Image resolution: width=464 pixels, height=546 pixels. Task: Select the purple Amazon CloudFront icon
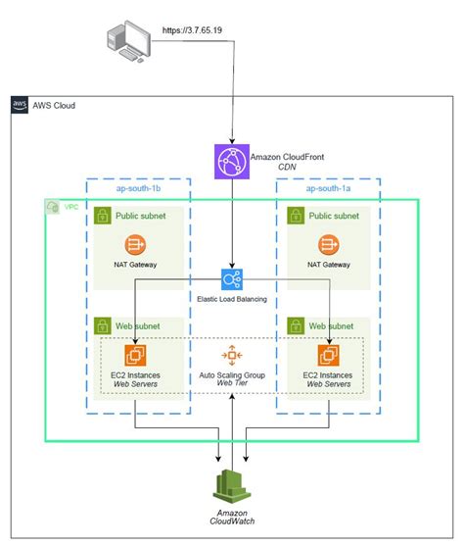tap(231, 161)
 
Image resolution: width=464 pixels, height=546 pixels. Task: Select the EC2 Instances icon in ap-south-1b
tap(134, 357)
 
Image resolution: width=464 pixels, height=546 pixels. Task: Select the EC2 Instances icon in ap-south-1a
tap(329, 357)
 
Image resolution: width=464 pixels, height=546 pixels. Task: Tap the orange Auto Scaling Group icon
tap(231, 355)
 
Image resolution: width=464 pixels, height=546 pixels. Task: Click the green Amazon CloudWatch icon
tap(231, 486)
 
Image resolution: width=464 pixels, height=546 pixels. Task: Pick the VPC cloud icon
tap(52, 208)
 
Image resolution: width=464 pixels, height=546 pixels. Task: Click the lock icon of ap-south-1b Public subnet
tap(104, 217)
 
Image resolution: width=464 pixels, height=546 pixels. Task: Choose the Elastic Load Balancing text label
tap(231, 299)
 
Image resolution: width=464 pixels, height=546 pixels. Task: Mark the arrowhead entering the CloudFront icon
tap(231, 139)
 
